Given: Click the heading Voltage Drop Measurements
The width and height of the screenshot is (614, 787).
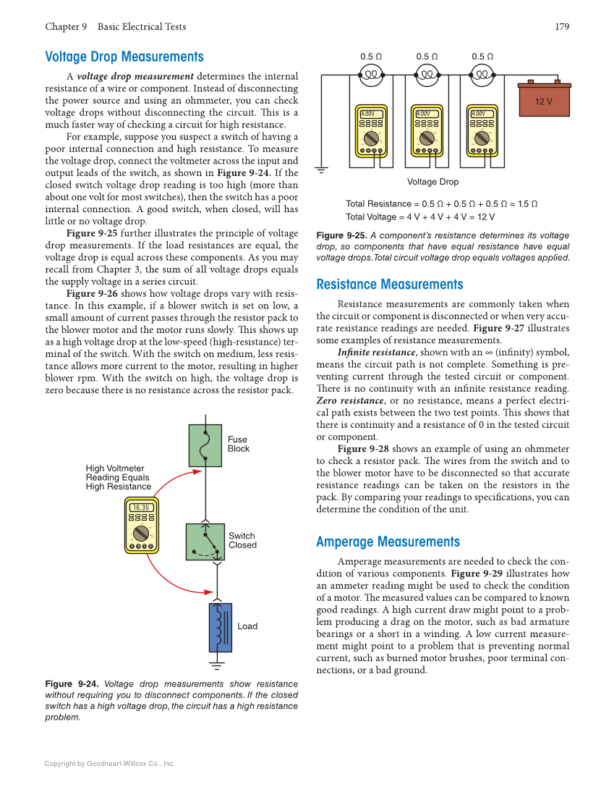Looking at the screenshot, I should [x=124, y=56].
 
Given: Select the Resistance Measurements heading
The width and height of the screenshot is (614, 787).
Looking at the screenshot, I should [x=389, y=285].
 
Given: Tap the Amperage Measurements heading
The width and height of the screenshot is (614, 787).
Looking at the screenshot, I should [x=388, y=542].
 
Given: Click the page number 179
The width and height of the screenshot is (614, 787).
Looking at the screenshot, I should [x=562, y=27].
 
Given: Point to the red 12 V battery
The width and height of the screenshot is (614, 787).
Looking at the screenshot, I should [x=544, y=101].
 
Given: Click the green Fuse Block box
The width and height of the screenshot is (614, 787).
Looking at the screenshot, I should [x=205, y=445].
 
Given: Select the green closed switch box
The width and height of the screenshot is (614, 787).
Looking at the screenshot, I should [x=205, y=542].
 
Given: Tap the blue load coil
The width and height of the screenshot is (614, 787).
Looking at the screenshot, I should [x=220, y=627].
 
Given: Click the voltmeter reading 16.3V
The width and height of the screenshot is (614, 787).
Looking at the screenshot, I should [x=141, y=508].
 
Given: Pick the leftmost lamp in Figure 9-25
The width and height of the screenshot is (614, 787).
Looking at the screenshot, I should [x=371, y=74].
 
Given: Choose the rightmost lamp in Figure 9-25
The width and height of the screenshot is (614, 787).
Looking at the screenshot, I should [x=482, y=74].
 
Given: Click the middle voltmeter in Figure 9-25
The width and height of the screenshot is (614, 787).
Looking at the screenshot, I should [x=427, y=131].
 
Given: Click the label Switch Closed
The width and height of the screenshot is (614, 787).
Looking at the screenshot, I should [x=242, y=541].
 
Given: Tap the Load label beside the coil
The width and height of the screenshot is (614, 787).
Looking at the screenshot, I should [x=247, y=626].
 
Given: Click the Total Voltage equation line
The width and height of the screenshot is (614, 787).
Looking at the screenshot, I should [x=419, y=216].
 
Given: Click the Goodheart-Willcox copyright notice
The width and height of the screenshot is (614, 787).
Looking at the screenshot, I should [x=109, y=763].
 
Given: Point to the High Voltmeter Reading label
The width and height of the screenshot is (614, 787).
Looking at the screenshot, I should [x=118, y=477].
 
